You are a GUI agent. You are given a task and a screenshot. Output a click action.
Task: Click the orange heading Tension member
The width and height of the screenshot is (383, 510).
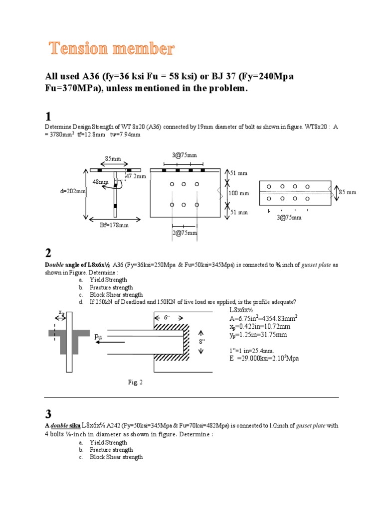click(111, 49)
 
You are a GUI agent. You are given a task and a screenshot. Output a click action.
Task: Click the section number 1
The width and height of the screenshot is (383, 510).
click(48, 117)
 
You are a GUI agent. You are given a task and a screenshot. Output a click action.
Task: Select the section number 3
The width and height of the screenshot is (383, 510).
click(48, 414)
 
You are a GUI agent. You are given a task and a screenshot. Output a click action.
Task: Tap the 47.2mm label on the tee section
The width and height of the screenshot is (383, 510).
click(136, 176)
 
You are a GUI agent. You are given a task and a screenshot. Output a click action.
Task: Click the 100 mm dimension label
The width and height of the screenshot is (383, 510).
click(238, 193)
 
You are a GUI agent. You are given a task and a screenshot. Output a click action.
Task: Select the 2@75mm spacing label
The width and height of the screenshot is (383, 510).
click(185, 233)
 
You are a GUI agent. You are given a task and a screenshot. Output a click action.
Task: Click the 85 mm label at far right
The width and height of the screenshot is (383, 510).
click(348, 192)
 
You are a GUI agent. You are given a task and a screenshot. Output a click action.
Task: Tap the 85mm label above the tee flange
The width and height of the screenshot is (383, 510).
click(113, 159)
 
